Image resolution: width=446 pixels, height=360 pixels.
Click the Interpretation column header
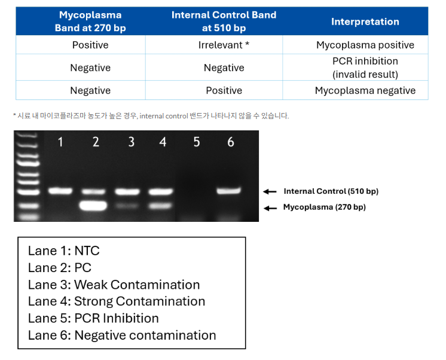pyautogui.click(x=365, y=22)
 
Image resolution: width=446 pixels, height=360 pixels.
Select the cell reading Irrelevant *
pyautogui.click(x=224, y=45)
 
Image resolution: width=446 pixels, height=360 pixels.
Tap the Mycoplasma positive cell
pyautogui.click(x=365, y=45)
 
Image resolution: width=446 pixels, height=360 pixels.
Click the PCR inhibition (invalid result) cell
pyautogui.click(x=365, y=68)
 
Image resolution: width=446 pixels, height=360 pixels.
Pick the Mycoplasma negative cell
pyautogui.click(x=365, y=90)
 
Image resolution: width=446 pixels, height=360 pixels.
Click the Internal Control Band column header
pyautogui.click(x=224, y=22)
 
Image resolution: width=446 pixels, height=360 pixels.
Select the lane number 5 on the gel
pyautogui.click(x=197, y=142)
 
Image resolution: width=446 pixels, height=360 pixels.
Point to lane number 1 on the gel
pyautogui.click(x=60, y=142)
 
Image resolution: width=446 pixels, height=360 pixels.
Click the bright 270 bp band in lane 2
pyautogui.click(x=93, y=206)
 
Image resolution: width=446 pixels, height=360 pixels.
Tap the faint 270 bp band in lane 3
pyautogui.click(x=127, y=205)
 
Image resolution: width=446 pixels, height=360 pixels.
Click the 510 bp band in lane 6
pyautogui.click(x=229, y=190)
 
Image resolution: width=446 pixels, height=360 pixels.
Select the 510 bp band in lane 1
pyautogui.click(x=60, y=190)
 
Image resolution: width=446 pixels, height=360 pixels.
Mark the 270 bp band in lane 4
pyautogui.click(x=160, y=206)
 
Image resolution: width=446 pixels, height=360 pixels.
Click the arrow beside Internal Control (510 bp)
pyautogui.click(x=270, y=191)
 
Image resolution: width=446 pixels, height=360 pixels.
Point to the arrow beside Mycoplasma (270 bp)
pyautogui.click(x=270, y=209)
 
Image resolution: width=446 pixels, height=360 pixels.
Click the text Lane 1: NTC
pyautogui.click(x=64, y=251)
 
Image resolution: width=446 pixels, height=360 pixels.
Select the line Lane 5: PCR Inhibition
pyautogui.click(x=93, y=318)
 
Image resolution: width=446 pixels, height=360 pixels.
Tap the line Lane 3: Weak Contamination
pyautogui.click(x=114, y=285)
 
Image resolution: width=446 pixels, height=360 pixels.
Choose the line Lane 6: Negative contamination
pyautogui.click(x=122, y=335)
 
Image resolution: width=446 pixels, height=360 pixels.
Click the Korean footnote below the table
pyautogui.click(x=151, y=116)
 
